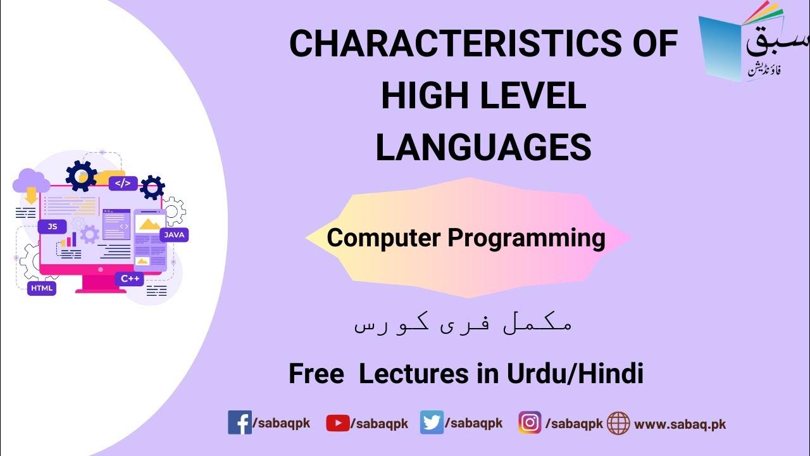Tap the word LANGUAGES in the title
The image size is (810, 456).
(483, 148)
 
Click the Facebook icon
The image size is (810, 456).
(239, 423)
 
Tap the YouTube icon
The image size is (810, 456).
(337, 423)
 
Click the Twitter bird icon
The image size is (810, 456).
(432, 423)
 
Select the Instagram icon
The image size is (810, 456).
(530, 423)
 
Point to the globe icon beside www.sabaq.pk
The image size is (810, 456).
(618, 423)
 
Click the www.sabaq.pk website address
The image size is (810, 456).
(680, 424)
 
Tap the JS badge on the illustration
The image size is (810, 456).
(52, 226)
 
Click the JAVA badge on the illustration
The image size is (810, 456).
(174, 235)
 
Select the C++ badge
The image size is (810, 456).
(128, 279)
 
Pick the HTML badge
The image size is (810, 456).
(42, 288)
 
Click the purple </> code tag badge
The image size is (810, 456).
(123, 184)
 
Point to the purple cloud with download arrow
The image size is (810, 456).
(31, 183)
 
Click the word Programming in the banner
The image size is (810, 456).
(526, 238)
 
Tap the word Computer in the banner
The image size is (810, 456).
(384, 238)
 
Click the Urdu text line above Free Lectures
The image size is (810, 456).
(463, 325)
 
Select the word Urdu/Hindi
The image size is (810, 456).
(575, 374)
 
